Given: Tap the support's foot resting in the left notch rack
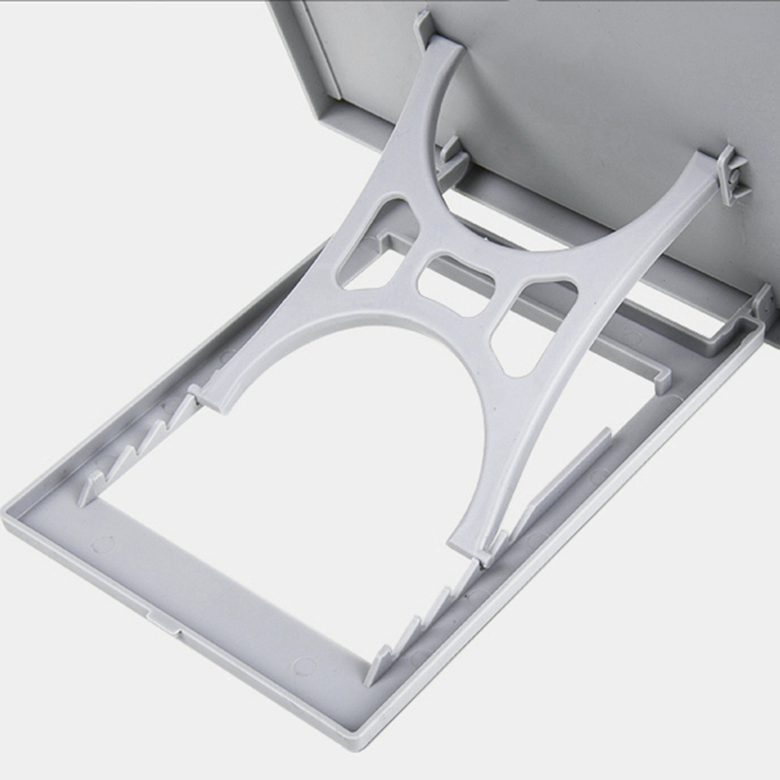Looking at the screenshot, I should pyautogui.click(x=205, y=394).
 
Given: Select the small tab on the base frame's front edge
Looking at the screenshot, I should pyautogui.click(x=164, y=619).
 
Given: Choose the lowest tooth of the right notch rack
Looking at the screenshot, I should pyautogui.click(x=375, y=669).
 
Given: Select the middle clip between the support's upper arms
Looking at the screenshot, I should pyautogui.click(x=449, y=156).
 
